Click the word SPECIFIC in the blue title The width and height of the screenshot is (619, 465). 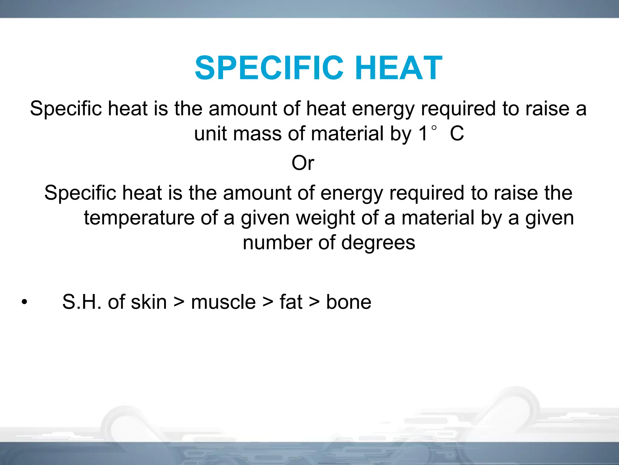269,68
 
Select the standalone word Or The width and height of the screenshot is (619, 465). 303,163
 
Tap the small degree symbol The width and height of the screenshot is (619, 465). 434,128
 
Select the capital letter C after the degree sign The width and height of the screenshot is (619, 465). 457,134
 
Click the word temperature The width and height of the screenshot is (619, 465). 139,218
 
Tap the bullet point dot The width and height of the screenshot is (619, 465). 24,302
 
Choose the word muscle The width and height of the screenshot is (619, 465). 223,302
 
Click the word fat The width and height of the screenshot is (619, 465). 291,302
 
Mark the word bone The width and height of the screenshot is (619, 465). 348,302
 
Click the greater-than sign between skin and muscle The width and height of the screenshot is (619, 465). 179,302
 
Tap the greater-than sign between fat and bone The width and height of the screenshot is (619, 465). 314,302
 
